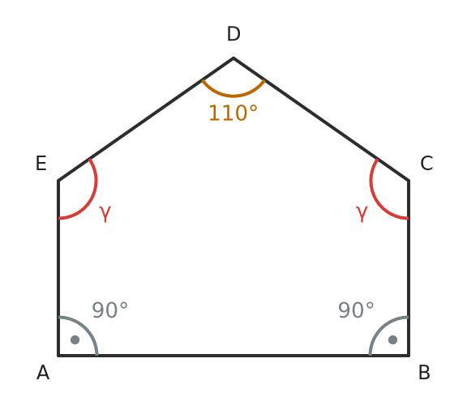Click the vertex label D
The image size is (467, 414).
pos(233,34)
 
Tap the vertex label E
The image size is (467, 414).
pos(41,163)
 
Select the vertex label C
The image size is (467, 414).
pos(426,163)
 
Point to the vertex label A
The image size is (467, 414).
pos(43,373)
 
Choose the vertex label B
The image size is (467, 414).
pos(424,373)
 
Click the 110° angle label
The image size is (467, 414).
pos(233,113)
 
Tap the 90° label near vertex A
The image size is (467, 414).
pos(109,310)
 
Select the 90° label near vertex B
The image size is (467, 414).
pos(356,310)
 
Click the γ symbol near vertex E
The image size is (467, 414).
pos(105,213)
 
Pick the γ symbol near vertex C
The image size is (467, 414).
pos(362,213)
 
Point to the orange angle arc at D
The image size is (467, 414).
pos(233,96)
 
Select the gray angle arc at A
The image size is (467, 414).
pos(86,328)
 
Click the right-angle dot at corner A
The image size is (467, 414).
pos(75,339)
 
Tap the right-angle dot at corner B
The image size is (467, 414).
pos(393,339)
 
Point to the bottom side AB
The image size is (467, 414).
pos(233,356)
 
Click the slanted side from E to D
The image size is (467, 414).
pos(146,119)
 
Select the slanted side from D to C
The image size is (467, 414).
pos(321,119)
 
